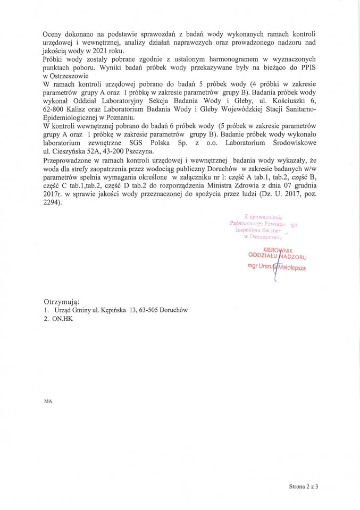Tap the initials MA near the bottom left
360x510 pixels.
pos(48,402)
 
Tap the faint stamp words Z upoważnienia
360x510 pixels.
pos(264,217)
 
